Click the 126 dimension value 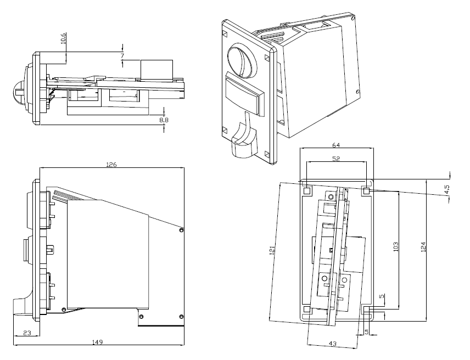(x=112, y=164)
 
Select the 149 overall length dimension (x=97, y=342)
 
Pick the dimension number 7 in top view (x=122, y=56)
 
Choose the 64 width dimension (x=336, y=145)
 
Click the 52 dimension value (x=336, y=159)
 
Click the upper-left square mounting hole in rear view (x=307, y=191)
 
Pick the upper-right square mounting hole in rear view (x=366, y=191)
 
